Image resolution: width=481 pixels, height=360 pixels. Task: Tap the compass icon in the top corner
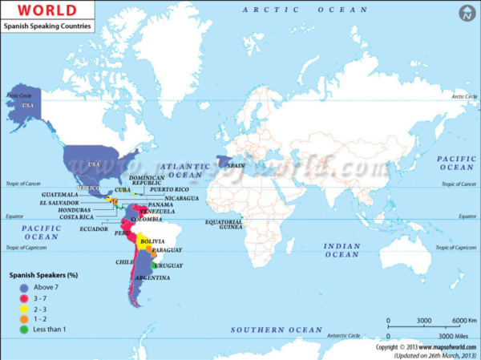(464, 14)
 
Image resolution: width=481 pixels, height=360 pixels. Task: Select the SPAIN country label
(235, 164)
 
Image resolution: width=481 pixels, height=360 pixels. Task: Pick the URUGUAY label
(168, 265)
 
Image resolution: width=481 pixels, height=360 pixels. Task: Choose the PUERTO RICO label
(169, 188)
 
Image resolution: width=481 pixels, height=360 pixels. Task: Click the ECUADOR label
(94, 229)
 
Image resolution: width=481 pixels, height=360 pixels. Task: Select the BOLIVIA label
(152, 241)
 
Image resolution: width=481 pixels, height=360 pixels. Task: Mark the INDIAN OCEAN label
(342, 249)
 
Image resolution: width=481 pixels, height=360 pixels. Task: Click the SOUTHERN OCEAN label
(276, 330)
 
